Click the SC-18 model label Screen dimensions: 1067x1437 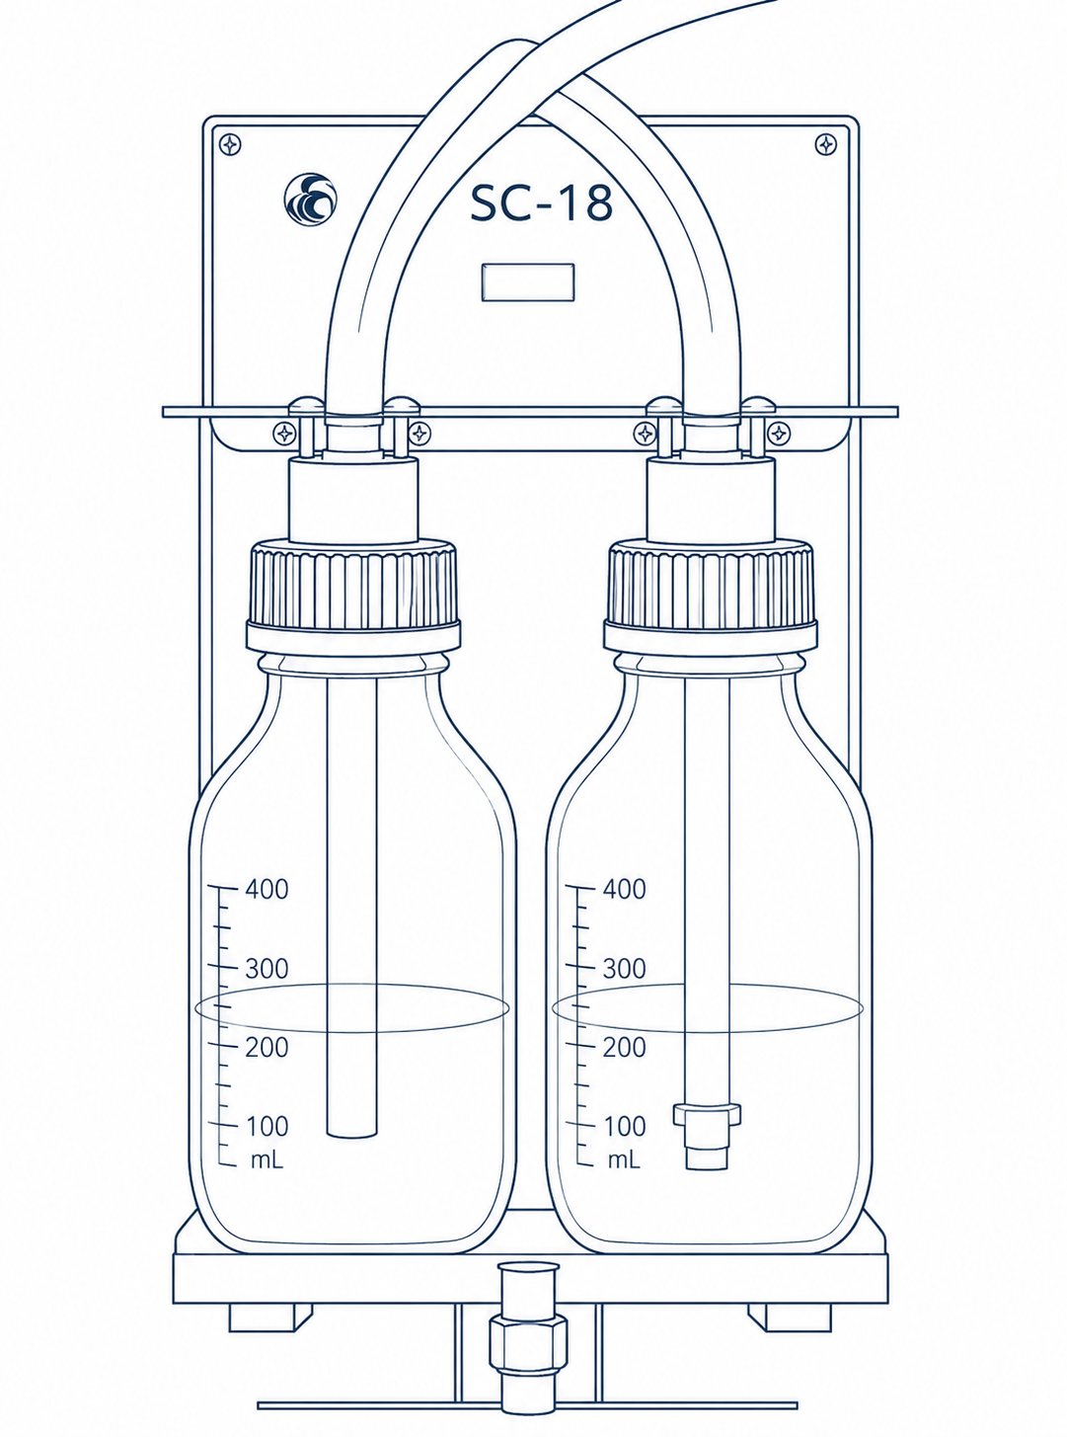(x=541, y=202)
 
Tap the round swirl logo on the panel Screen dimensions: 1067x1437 (x=311, y=199)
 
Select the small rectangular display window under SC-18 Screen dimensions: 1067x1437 (x=528, y=281)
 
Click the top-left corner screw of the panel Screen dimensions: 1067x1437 (x=230, y=144)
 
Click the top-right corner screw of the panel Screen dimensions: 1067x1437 (x=825, y=144)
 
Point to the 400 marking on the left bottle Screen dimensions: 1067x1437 (x=267, y=889)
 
